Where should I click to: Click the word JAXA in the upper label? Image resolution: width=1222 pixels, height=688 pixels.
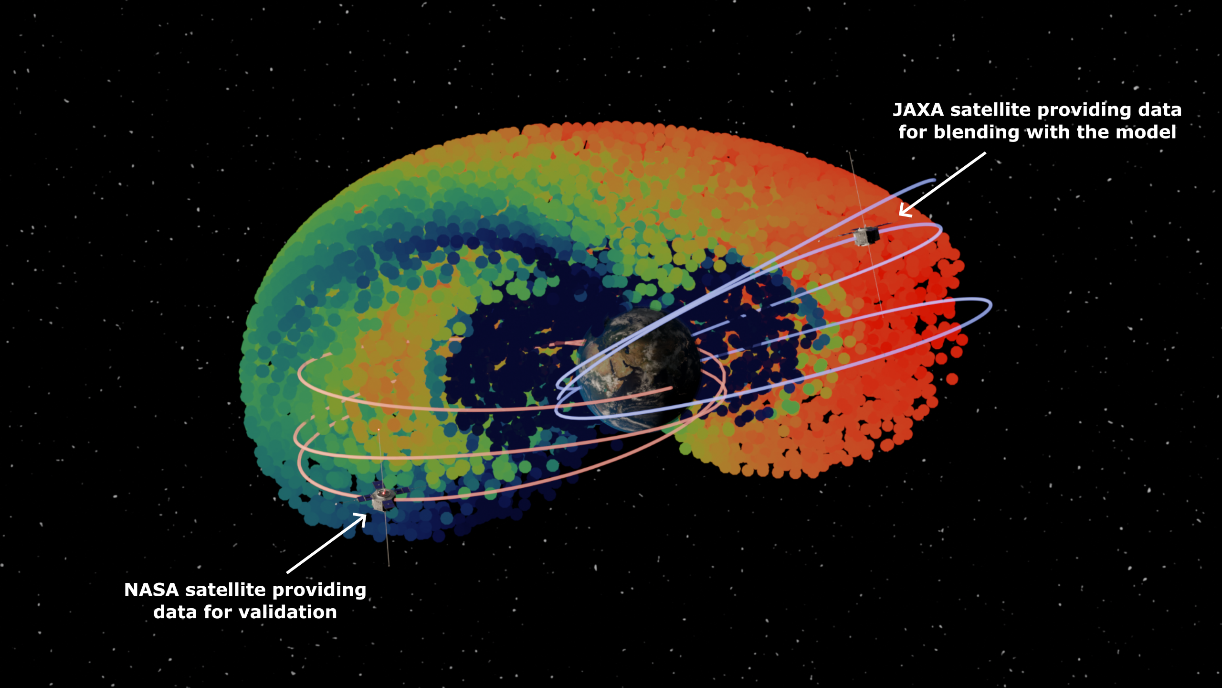pos(918,110)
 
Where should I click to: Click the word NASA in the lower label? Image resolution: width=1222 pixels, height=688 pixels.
pos(151,590)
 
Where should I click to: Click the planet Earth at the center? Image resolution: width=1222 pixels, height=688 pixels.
pos(640,368)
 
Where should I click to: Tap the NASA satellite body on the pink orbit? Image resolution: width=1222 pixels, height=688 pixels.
pos(382,499)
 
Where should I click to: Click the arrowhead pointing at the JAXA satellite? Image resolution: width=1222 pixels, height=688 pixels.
pos(904,212)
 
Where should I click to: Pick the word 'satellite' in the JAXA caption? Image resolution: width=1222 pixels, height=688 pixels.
pos(990,110)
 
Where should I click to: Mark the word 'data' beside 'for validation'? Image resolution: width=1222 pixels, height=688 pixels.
pos(175,612)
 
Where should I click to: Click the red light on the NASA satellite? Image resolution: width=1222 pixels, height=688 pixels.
pos(382,493)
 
